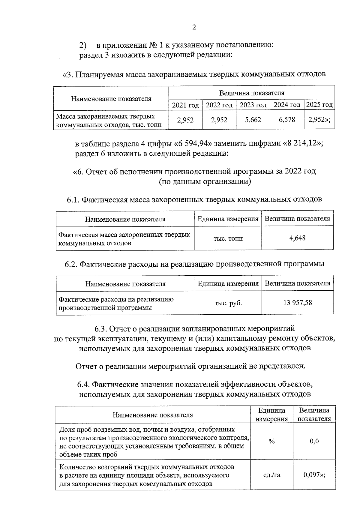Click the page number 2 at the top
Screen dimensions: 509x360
pyautogui.click(x=194, y=28)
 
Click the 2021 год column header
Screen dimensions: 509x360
pyautogui.click(x=185, y=105)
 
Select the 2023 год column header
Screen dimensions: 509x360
pyautogui.click(x=253, y=105)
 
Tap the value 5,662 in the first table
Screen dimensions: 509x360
pyautogui.click(x=253, y=120)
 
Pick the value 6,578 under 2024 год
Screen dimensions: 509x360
pyautogui.click(x=287, y=120)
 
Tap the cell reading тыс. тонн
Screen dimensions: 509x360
pyautogui.click(x=228, y=239)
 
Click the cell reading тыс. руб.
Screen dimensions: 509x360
pyautogui.click(x=228, y=303)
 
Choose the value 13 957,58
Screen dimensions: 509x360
pyautogui.click(x=297, y=303)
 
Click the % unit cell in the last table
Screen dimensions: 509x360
pyautogui.click(x=271, y=441)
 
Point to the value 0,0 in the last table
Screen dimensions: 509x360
pyautogui.click(x=314, y=441)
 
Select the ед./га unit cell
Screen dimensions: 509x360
pyautogui.click(x=271, y=475)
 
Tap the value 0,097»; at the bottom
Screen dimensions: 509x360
pyautogui.click(x=314, y=475)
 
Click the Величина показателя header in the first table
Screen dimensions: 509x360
pyautogui.click(x=251, y=93)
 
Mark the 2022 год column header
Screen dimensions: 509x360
pyautogui.click(x=219, y=105)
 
